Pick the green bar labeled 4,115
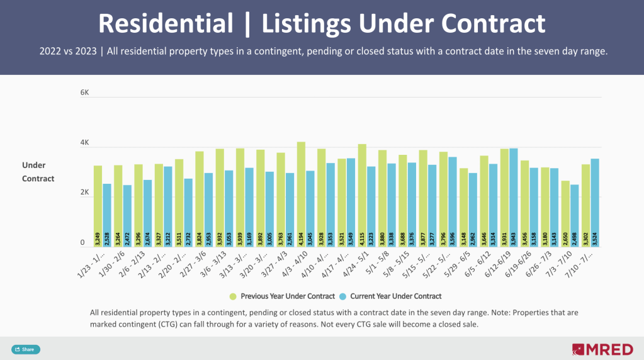[x=362, y=195]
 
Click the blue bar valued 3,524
[x=595, y=202]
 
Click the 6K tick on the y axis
[x=85, y=93]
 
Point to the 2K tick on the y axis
[x=85, y=193]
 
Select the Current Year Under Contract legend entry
[x=390, y=296]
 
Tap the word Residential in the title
[x=166, y=24]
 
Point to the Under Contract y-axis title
[x=38, y=172]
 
